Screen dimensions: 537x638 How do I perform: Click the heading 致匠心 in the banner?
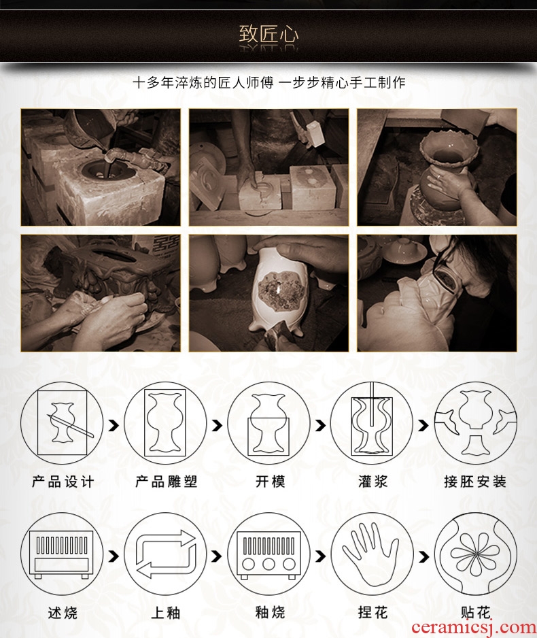pyautogui.click(x=268, y=34)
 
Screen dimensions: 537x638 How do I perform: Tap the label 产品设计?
pyautogui.click(x=63, y=482)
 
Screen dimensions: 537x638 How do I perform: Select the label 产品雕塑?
pyautogui.click(x=167, y=482)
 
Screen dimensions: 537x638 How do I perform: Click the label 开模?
pyautogui.click(x=270, y=482)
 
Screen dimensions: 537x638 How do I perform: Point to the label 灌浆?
pyautogui.click(x=373, y=482)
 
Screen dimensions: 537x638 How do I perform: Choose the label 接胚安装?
pyautogui.click(x=475, y=482)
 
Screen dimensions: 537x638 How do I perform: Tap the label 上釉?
pyautogui.click(x=166, y=612)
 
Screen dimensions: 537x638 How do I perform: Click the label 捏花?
pyautogui.click(x=373, y=611)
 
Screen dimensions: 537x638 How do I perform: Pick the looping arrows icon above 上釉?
pyautogui.click(x=166, y=554)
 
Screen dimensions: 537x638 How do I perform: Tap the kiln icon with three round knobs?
pyautogui.click(x=268, y=554)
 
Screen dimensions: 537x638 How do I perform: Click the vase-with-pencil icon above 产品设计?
pyautogui.click(x=62, y=423)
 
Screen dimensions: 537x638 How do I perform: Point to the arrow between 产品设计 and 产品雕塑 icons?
pyautogui.click(x=114, y=426)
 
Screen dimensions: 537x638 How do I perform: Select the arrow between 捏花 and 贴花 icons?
pyautogui.click(x=423, y=556)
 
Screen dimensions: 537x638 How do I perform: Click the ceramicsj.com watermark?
pyautogui.click(x=474, y=628)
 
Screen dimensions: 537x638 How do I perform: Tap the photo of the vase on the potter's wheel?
pyautogui.click(x=437, y=167)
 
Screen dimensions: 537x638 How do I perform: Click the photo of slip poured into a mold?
pyautogui.click(x=101, y=167)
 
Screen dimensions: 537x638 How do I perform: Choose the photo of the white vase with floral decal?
pyautogui.click(x=268, y=293)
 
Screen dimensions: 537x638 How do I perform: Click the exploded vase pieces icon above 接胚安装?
pyautogui.click(x=475, y=423)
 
